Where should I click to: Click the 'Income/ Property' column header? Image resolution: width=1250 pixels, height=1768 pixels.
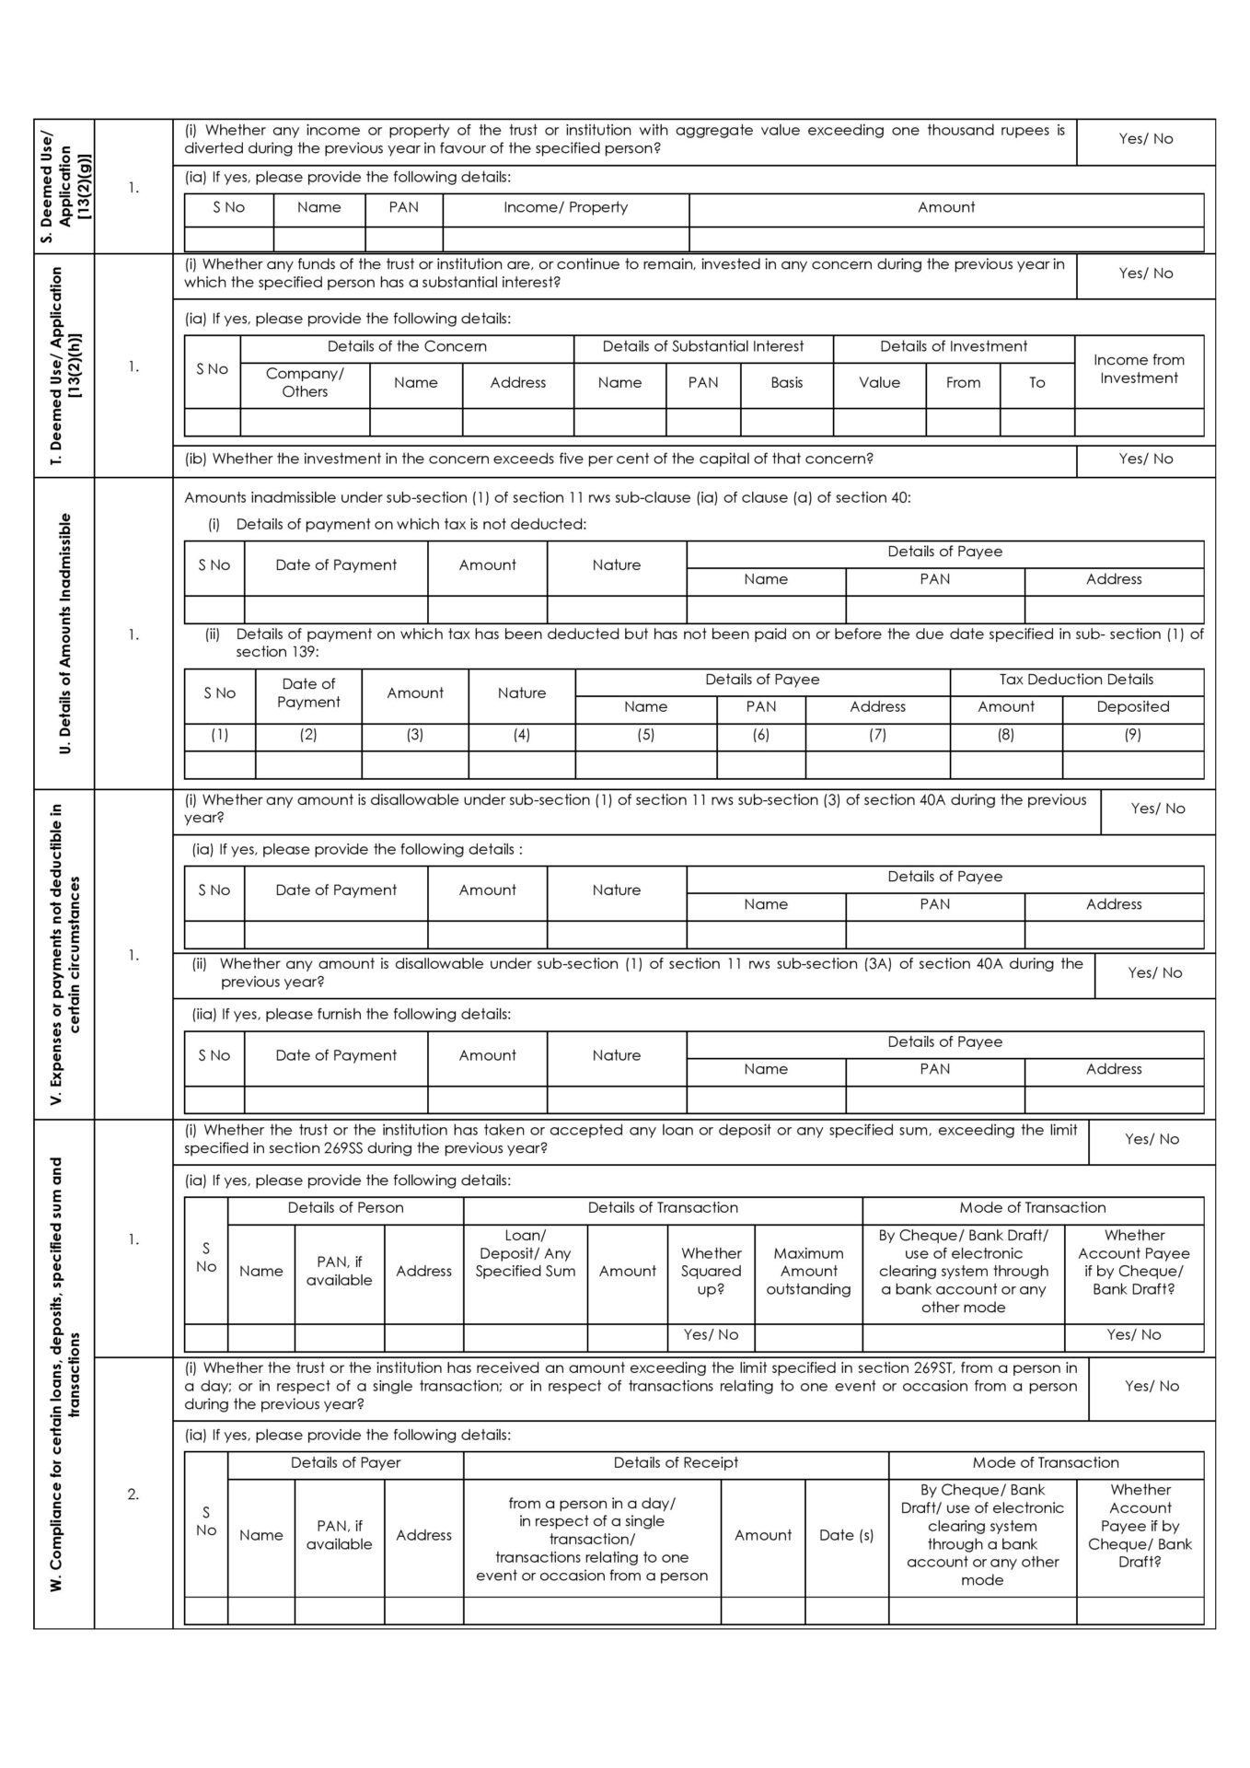[565, 207]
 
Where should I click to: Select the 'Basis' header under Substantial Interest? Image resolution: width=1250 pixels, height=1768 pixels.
[786, 382]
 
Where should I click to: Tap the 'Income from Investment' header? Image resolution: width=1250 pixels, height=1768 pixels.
[1139, 369]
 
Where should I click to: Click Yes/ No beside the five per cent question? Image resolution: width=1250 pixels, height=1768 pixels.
[1145, 459]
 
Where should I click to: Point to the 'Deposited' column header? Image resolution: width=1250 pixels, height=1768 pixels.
[1132, 706]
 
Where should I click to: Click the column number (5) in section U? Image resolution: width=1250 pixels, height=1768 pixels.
[645, 735]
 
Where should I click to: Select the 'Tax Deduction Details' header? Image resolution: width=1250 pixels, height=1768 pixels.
[1076, 680]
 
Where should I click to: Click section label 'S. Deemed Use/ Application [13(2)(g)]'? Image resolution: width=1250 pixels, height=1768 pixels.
[64, 186]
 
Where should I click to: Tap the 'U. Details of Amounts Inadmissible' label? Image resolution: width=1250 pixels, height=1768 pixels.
[64, 634]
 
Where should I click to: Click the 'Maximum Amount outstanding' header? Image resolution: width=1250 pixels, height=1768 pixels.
[808, 1271]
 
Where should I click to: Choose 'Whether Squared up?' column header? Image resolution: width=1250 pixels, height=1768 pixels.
[711, 1271]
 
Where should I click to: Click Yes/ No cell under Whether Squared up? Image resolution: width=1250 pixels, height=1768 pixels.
[711, 1334]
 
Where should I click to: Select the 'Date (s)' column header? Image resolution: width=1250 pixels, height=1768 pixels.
[846, 1535]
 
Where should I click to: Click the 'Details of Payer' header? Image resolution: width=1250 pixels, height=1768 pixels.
[345, 1462]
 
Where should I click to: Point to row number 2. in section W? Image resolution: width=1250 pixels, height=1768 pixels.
[133, 1494]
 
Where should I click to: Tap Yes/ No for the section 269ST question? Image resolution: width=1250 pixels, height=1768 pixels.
[1151, 1386]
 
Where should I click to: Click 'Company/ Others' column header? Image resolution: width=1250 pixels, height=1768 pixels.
[305, 382]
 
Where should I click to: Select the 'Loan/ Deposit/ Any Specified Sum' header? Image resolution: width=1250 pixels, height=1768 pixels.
[525, 1253]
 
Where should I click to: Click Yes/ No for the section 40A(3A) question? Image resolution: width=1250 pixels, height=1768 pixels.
[1154, 972]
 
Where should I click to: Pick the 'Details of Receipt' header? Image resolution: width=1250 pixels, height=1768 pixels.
[676, 1462]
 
